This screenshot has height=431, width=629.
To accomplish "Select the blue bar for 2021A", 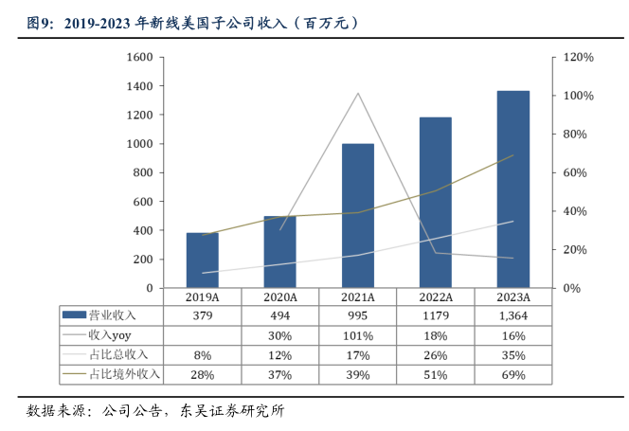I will tap(357, 216).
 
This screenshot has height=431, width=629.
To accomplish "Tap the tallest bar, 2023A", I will tap(512, 189).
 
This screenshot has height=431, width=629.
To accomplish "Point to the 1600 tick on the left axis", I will tap(139, 58).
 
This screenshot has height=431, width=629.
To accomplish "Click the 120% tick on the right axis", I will tap(578, 58).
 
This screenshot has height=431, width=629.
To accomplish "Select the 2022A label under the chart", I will tap(436, 296).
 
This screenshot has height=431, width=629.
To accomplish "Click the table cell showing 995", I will tap(357, 315).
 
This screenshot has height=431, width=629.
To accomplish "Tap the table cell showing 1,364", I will tap(512, 315).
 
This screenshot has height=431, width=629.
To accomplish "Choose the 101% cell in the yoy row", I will tap(357, 335).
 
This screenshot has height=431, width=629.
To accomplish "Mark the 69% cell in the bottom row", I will tap(512, 375).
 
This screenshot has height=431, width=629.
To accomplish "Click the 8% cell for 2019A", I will tap(202, 355).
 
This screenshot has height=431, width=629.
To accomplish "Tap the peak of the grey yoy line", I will tap(357, 93).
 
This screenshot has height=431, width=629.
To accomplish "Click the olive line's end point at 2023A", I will tap(512, 155).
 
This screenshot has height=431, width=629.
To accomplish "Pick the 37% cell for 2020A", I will tap(279, 375).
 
